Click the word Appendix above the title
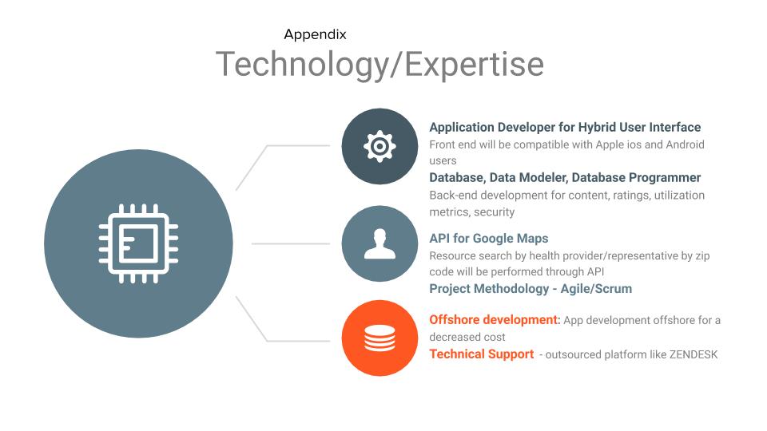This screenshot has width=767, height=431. point(315,35)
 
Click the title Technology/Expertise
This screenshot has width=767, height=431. point(380,65)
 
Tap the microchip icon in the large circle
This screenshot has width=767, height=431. point(138,243)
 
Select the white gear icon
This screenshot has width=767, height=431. point(380,146)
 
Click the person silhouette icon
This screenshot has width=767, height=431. point(380,244)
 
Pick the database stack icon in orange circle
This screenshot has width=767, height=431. point(380,338)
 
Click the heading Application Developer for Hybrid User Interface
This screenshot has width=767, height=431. point(565,128)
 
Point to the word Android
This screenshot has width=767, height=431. point(686,144)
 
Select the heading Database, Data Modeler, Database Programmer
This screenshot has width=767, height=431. point(565,177)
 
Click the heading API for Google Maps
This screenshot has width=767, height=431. point(489,239)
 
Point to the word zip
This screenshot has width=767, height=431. point(702,256)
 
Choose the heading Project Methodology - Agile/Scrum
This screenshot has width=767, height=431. point(531,289)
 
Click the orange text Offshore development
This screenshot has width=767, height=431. point(494,319)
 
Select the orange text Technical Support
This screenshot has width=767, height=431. point(481,354)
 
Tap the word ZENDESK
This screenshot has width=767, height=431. point(693,354)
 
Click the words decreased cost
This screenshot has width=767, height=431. point(467,337)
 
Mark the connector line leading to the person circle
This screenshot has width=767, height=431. point(291,243)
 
